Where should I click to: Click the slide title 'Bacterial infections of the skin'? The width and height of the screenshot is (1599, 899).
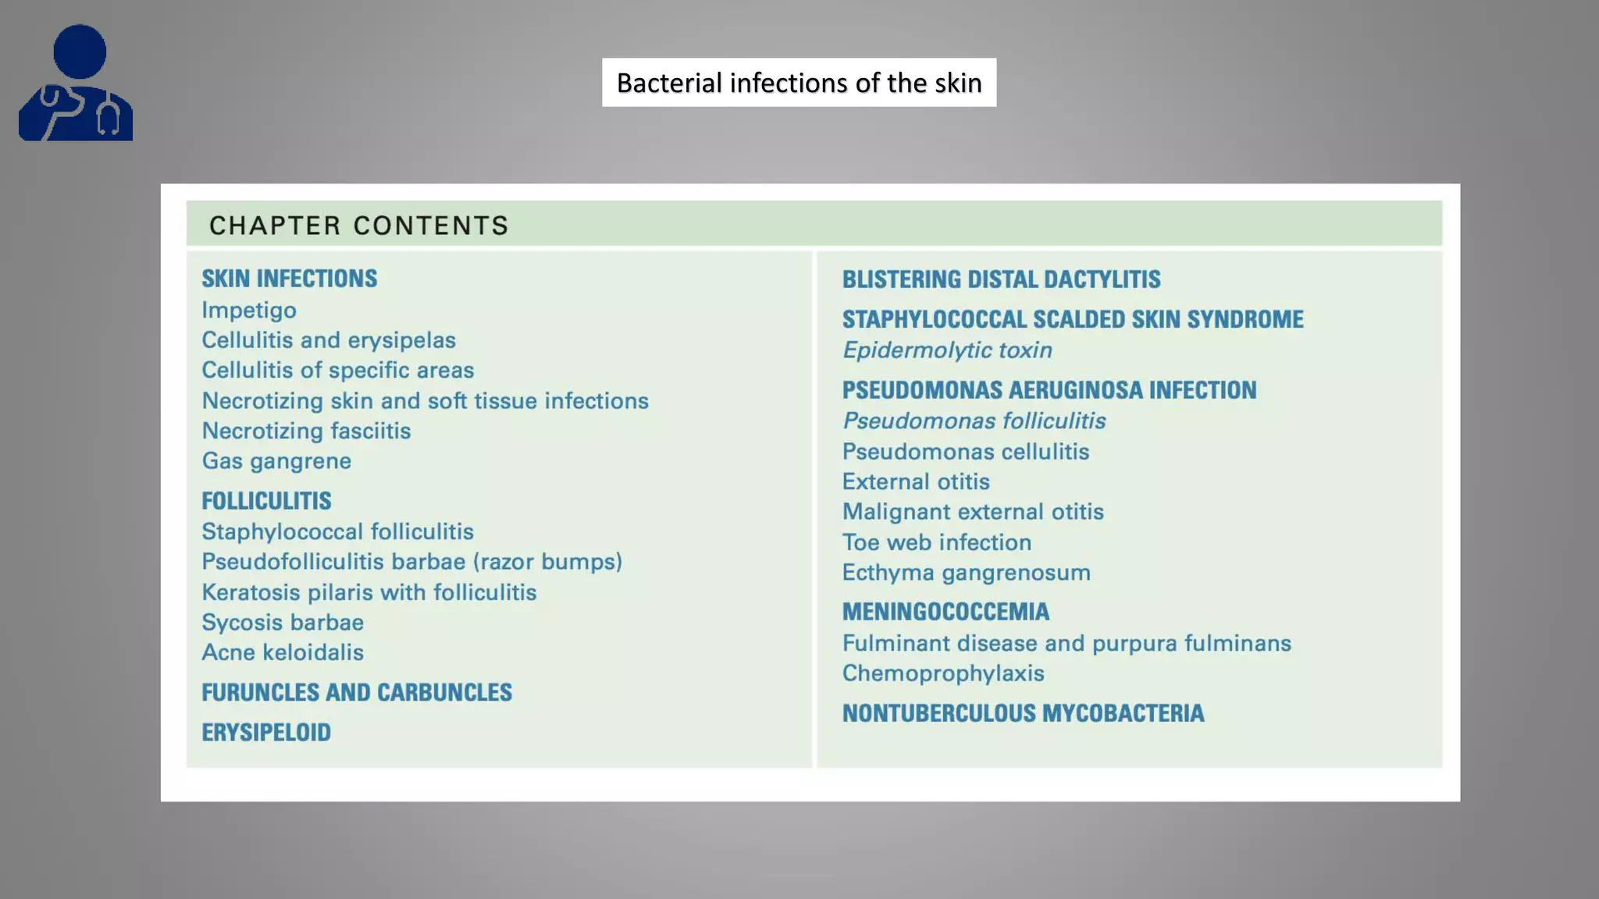(799, 83)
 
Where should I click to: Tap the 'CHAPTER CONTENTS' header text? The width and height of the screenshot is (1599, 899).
(359, 226)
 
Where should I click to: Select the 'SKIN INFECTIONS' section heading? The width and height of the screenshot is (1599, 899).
(289, 279)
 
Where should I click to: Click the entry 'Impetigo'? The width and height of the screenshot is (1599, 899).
(249, 310)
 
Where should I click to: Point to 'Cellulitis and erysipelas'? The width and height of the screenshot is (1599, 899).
(329, 340)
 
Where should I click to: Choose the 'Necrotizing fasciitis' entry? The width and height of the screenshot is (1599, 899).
(306, 431)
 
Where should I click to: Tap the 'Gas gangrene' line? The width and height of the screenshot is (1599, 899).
(276, 461)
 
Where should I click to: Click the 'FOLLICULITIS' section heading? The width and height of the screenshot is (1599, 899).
(266, 501)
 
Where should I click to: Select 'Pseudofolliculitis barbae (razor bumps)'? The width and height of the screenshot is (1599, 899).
(411, 562)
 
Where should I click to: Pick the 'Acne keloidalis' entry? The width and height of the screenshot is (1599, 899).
(283, 652)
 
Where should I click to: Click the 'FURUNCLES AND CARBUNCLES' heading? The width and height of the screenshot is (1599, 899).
(357, 692)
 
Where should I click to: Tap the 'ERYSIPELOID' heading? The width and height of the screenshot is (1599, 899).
(266, 733)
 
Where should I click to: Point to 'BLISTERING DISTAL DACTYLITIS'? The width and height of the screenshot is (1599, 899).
(1001, 279)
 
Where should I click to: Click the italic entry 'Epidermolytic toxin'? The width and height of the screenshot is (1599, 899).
(947, 350)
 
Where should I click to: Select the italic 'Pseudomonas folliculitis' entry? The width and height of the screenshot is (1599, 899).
(974, 421)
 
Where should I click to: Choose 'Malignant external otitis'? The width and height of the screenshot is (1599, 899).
(973, 512)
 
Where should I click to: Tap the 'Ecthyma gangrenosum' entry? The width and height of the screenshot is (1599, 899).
(966, 573)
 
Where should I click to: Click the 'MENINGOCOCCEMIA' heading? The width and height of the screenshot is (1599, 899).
(946, 612)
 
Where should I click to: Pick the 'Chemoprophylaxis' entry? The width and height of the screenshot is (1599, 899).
(943, 673)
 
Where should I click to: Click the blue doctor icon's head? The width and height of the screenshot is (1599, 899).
(80, 52)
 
